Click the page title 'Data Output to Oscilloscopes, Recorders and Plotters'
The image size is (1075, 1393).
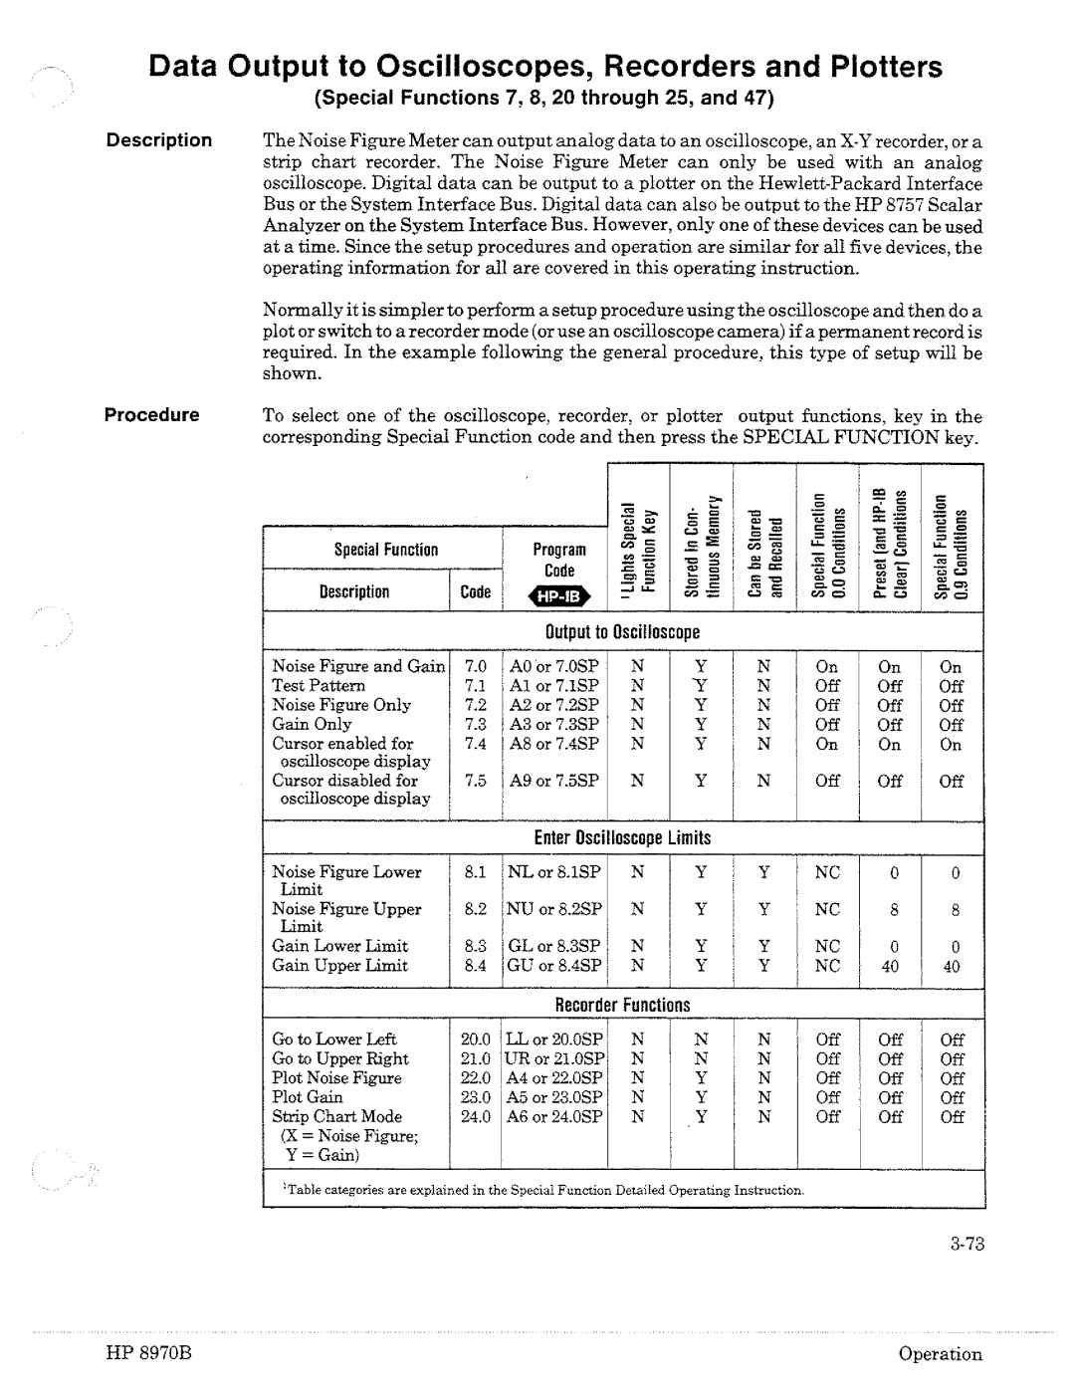(x=544, y=67)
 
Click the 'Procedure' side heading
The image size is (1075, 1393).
(x=153, y=415)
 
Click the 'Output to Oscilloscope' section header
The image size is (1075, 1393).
(x=622, y=632)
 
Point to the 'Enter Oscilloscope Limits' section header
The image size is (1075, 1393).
(x=622, y=838)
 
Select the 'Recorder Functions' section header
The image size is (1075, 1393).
(x=622, y=1006)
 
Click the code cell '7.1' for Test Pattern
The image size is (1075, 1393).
(x=475, y=686)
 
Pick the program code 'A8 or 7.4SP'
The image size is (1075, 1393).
(x=554, y=744)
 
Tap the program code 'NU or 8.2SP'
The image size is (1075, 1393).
(x=554, y=909)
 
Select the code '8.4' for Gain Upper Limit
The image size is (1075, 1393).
(x=475, y=966)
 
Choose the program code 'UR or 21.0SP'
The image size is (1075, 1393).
(x=554, y=1059)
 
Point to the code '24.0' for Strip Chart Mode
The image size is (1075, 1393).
(x=476, y=1117)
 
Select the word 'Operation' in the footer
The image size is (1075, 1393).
(x=940, y=1354)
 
